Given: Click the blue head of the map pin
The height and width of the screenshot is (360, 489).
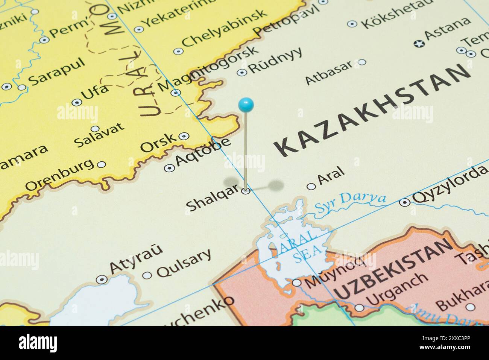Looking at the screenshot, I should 246,104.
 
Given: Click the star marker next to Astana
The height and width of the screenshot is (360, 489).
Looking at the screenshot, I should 418,44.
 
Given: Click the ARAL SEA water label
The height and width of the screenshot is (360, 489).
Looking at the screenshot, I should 299,246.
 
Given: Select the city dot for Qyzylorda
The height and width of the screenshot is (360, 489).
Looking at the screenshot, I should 405,202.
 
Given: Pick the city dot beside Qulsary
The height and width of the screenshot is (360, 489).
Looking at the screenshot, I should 147,275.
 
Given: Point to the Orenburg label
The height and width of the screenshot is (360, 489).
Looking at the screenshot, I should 59,175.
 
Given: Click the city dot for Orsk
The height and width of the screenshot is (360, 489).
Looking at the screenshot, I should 184,136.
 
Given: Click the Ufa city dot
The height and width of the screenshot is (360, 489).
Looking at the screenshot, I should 77,102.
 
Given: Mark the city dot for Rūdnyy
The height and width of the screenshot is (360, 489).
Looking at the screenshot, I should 242,72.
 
